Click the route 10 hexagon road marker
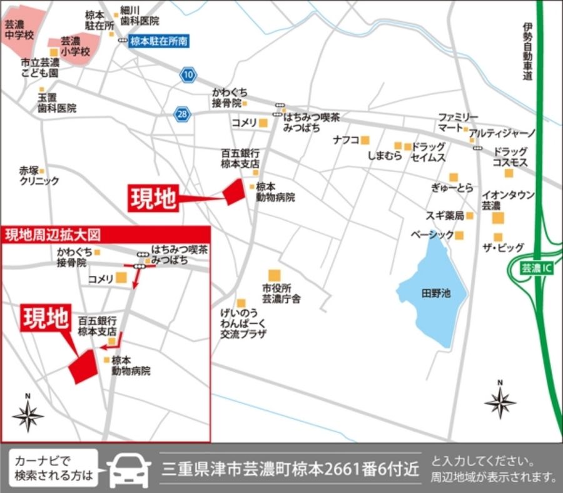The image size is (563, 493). click(x=188, y=75)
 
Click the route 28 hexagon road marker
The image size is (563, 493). click(x=181, y=114)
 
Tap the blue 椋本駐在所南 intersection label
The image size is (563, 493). click(x=158, y=41)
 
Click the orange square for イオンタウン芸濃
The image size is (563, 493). click(x=498, y=218)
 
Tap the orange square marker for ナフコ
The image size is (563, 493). click(x=365, y=140)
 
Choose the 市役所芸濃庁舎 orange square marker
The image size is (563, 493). click(x=273, y=275)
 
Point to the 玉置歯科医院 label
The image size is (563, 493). click(x=56, y=103)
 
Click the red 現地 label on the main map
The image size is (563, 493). click(x=153, y=198)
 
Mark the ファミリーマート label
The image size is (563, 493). click(x=457, y=123)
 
